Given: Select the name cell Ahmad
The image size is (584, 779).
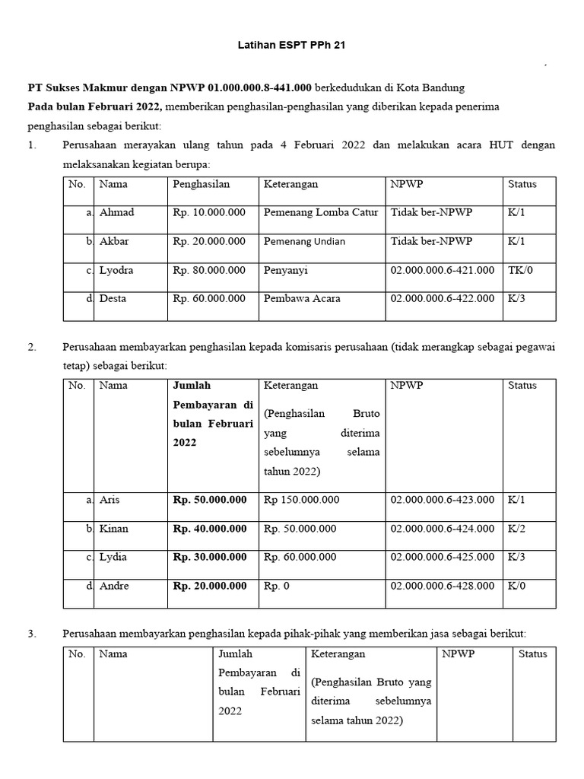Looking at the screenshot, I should (x=116, y=212).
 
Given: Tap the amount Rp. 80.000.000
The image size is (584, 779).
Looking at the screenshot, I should (x=209, y=270).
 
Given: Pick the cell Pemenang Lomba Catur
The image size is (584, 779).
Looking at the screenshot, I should (x=320, y=212).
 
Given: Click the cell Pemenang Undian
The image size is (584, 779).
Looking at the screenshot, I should (x=304, y=241).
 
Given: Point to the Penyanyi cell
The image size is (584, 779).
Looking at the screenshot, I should (x=286, y=270).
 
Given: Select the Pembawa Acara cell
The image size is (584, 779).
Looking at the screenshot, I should (x=302, y=299).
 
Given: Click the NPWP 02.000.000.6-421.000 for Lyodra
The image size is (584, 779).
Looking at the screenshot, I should (x=442, y=270).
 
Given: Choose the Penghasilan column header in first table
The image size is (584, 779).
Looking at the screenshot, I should (x=201, y=184).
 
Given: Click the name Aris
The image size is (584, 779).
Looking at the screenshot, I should (x=109, y=500).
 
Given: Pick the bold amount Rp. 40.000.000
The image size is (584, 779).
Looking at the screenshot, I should (x=210, y=529).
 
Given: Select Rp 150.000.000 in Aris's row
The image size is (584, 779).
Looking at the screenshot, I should (x=301, y=500).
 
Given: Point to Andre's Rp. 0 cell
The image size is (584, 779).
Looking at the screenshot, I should (x=279, y=586).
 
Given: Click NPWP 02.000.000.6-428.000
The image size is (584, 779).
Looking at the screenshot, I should (x=442, y=586).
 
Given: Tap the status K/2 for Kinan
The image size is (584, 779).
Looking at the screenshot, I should (x=516, y=529).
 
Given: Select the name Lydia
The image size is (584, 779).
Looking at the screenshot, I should (x=113, y=557).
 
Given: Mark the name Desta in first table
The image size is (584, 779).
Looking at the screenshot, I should (x=113, y=299).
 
